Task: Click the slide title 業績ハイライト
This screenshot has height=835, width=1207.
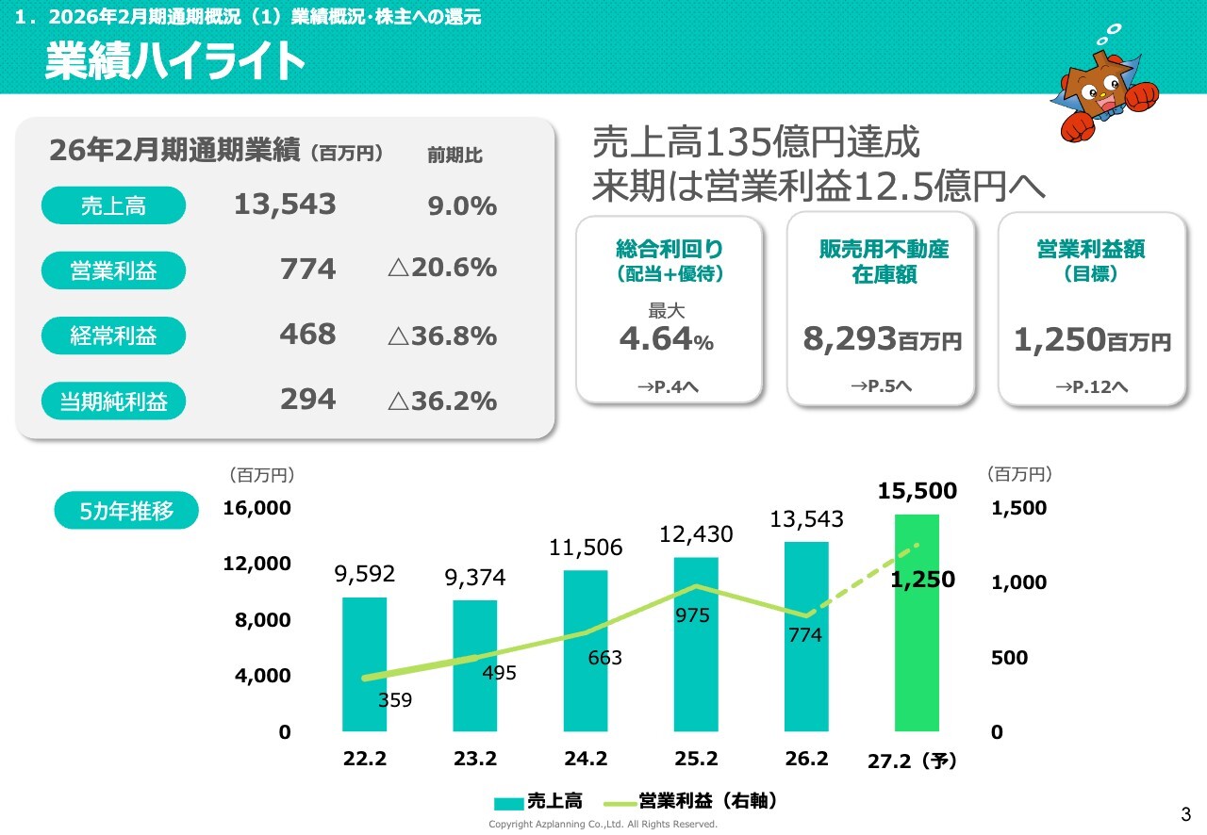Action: coord(175,62)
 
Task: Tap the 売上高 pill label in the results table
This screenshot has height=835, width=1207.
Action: coord(113,205)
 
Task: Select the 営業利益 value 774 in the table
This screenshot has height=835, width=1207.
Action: coord(307,270)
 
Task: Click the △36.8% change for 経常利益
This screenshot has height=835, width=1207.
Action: coord(442,336)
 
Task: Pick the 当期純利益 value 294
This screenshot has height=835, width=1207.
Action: coord(307,400)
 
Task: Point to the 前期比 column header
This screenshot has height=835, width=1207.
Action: coord(455,156)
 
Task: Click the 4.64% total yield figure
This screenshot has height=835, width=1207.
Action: coord(666,339)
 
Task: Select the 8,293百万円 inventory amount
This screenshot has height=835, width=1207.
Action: coord(882,339)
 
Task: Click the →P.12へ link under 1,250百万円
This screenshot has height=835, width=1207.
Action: coord(1091,385)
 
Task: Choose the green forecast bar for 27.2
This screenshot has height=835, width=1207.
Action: coord(917,622)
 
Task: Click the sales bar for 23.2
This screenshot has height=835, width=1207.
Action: coord(475,664)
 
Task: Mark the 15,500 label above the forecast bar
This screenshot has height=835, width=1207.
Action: coord(917,491)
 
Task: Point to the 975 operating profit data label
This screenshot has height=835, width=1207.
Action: coord(692,615)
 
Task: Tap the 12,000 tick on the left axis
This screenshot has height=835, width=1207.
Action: coord(256,564)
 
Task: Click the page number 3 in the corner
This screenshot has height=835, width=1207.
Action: coord(1185,814)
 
